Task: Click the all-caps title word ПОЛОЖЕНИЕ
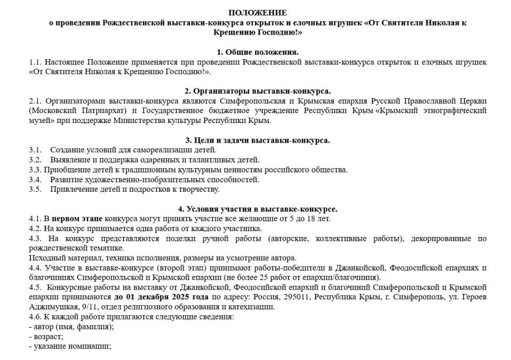point(258,13)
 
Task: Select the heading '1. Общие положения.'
point(258,52)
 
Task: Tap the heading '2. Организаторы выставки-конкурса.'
point(258,91)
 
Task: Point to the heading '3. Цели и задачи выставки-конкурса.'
point(258,141)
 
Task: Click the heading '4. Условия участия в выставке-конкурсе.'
point(258,209)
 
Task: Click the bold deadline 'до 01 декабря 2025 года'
point(162,297)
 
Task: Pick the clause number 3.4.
point(35,179)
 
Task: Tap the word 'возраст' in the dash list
point(47,337)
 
